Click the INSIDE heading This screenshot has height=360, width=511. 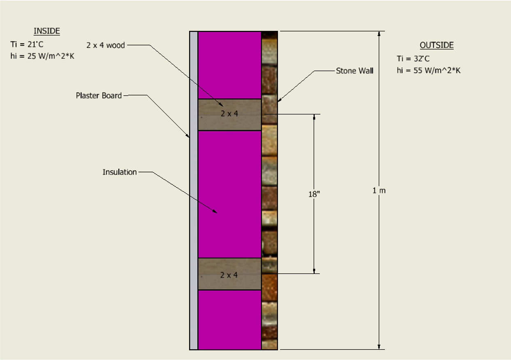point(47,31)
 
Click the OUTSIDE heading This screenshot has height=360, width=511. point(436,45)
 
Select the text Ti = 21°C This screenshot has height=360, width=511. point(27,45)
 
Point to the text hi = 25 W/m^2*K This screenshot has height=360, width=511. point(42,56)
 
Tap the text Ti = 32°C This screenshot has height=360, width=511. point(413,59)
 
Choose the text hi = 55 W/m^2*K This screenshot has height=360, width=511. point(428,71)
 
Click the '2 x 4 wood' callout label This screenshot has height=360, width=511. point(105,45)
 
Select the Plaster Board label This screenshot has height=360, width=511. point(99,96)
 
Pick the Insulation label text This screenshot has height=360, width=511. point(119,172)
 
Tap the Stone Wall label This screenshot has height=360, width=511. point(355,71)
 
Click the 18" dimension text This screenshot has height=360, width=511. point(314,194)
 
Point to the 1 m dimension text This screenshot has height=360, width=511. point(379,190)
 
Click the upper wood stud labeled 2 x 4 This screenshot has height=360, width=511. point(229,115)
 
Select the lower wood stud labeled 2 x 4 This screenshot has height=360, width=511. point(229,274)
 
